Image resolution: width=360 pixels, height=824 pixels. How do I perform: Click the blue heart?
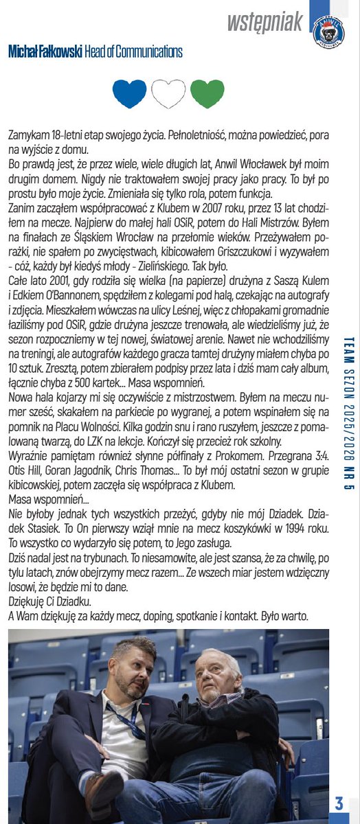point(129,94)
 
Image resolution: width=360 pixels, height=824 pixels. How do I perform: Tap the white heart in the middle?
point(168,94)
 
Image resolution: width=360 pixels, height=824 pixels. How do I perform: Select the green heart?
point(207,94)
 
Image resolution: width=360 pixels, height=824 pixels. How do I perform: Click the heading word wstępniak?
point(265,22)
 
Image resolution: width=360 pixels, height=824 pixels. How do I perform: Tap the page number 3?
point(339,803)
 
